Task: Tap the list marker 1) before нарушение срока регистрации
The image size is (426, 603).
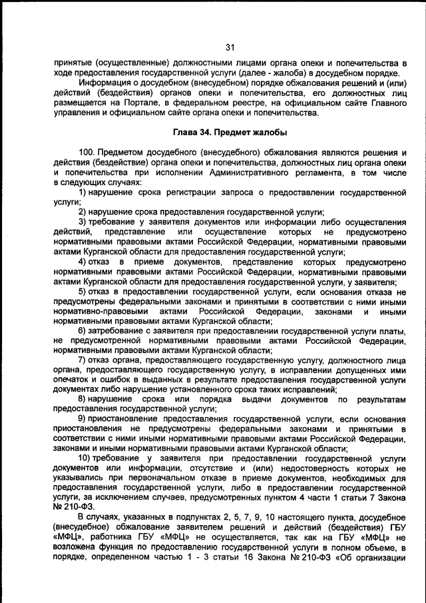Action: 83,193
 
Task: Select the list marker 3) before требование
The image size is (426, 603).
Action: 83,222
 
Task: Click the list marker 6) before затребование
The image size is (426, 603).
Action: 83,330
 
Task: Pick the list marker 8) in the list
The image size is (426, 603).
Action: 83,399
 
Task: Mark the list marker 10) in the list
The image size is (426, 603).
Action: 86,458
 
